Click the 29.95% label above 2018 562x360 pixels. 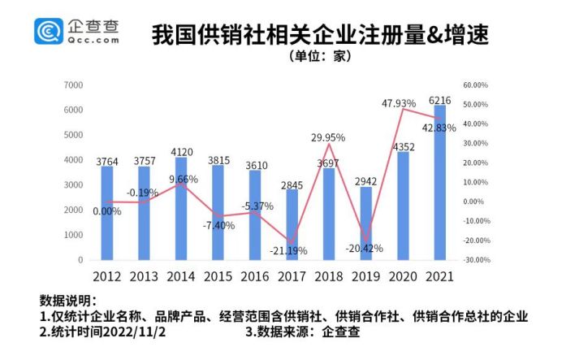(x=329, y=138)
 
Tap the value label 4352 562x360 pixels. (x=403, y=146)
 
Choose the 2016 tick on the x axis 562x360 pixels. (x=254, y=276)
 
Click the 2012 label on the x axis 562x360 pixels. (x=106, y=276)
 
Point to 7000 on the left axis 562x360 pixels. (x=73, y=85)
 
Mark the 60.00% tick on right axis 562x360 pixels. (x=474, y=85)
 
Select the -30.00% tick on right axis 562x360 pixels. (x=474, y=260)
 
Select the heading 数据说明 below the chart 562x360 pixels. (x=67, y=300)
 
